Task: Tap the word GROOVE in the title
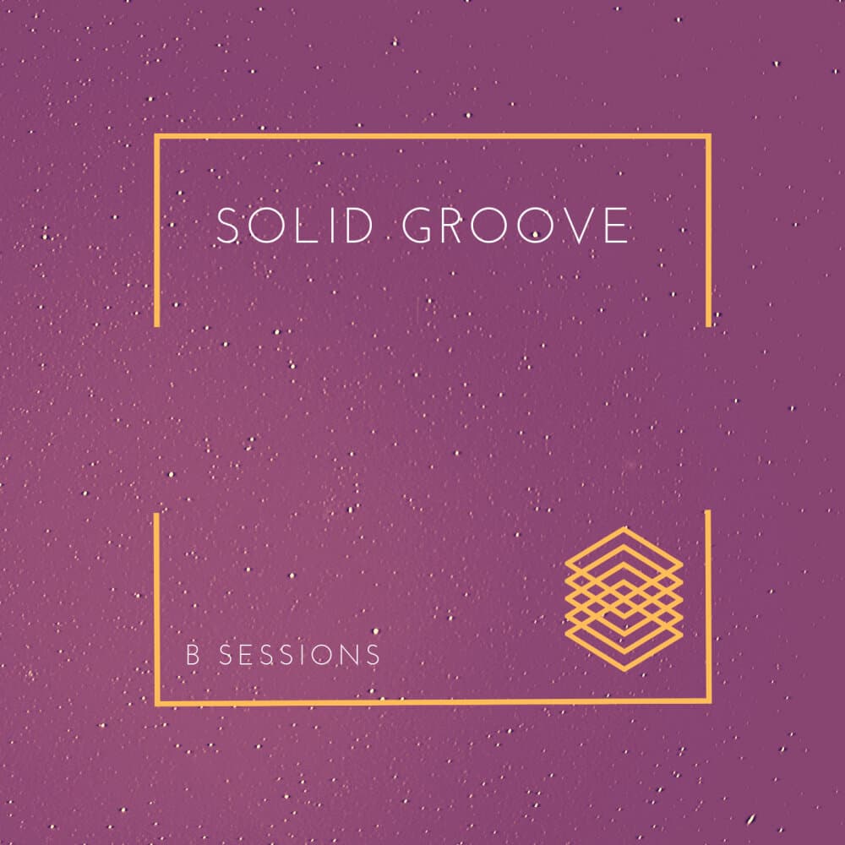coord(515,226)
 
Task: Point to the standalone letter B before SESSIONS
coord(193,655)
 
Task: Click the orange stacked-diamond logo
coord(624,598)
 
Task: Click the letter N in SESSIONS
coord(352,655)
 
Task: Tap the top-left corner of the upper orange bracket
coord(157,136)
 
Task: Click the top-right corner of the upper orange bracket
coord(708,136)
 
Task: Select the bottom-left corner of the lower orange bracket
coord(157,702)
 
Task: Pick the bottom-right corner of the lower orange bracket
coord(708,701)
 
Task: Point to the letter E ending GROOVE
coord(617,226)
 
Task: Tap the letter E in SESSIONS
coord(239,655)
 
